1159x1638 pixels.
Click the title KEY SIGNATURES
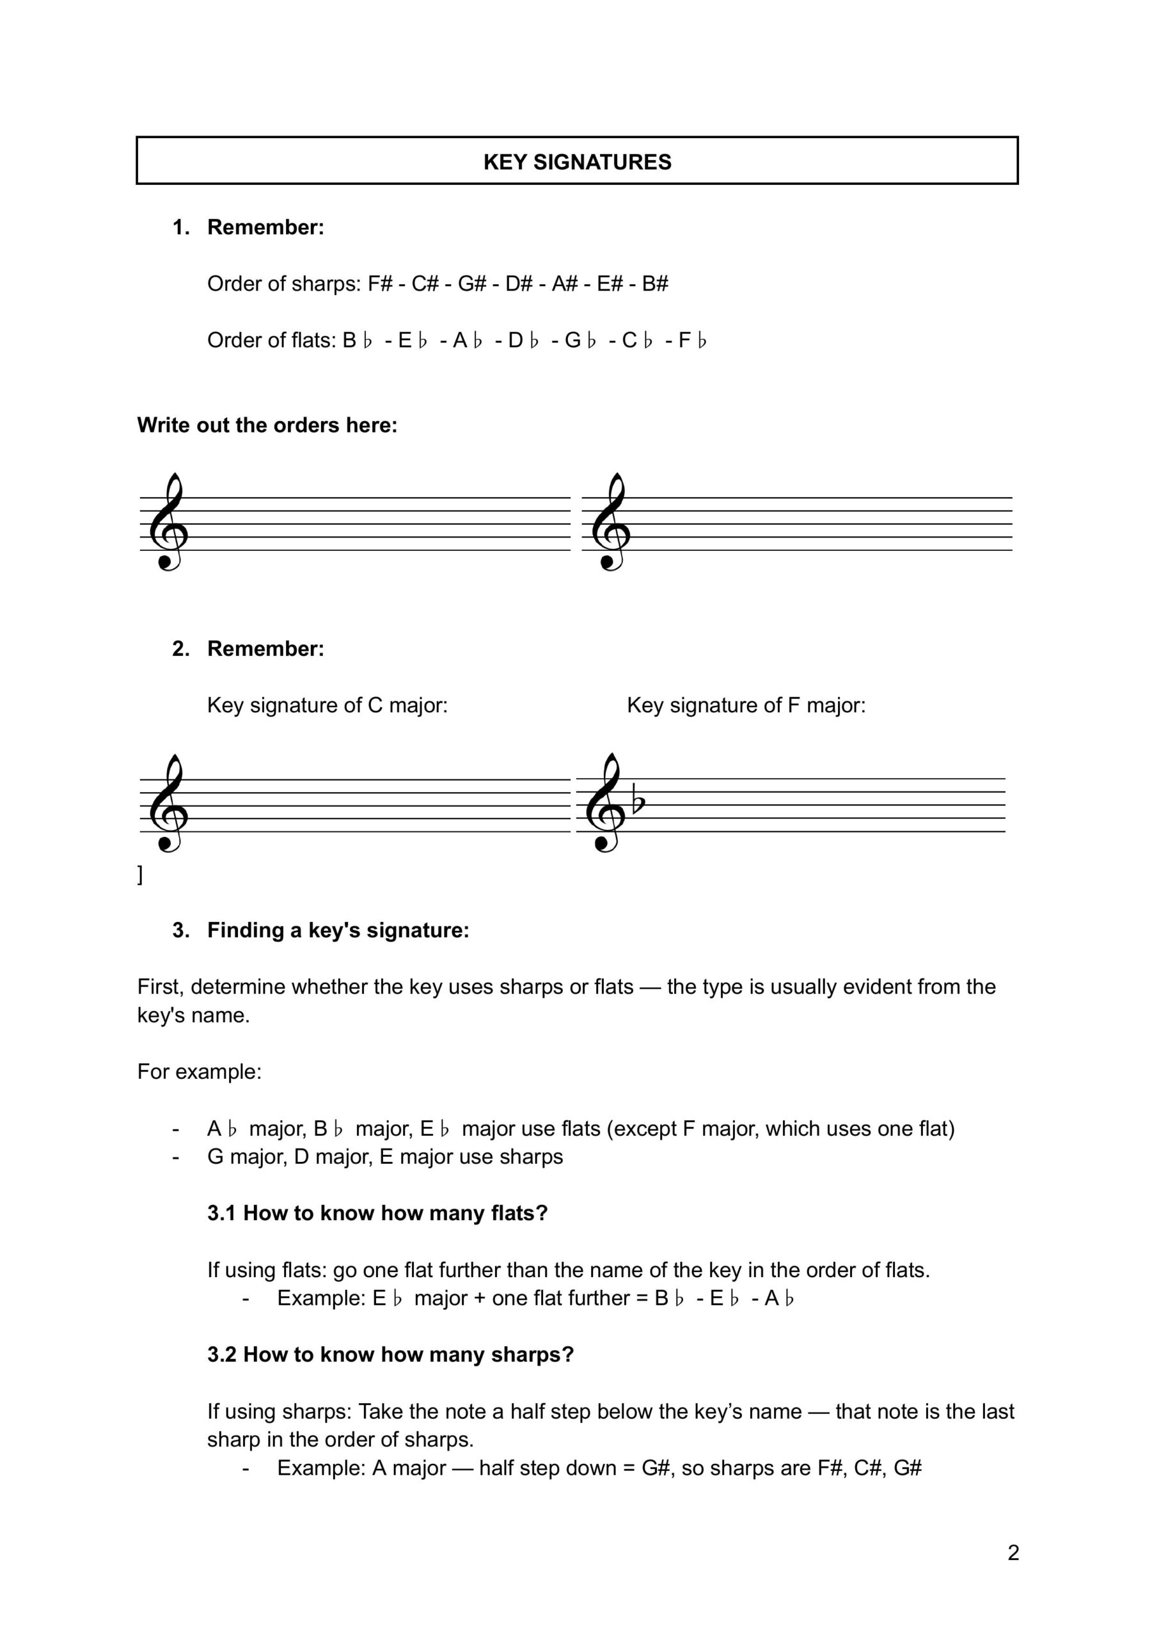(x=578, y=162)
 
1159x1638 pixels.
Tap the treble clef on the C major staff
(x=168, y=804)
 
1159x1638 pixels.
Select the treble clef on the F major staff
(x=605, y=804)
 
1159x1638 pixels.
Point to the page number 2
(x=1013, y=1552)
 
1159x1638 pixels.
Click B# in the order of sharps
(x=654, y=284)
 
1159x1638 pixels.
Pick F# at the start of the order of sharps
(x=381, y=284)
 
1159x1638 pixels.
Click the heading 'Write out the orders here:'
(x=267, y=425)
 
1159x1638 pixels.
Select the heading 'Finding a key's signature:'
(x=338, y=930)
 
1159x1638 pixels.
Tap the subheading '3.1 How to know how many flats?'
(x=377, y=1213)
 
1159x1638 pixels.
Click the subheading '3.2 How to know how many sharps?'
(x=390, y=1355)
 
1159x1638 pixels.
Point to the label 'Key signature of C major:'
(x=327, y=705)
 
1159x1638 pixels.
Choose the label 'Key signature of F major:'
(x=746, y=705)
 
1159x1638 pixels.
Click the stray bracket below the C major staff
(x=140, y=875)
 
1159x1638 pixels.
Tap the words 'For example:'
(x=199, y=1072)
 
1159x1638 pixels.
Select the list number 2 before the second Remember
(x=180, y=649)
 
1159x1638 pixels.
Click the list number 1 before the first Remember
(x=180, y=228)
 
